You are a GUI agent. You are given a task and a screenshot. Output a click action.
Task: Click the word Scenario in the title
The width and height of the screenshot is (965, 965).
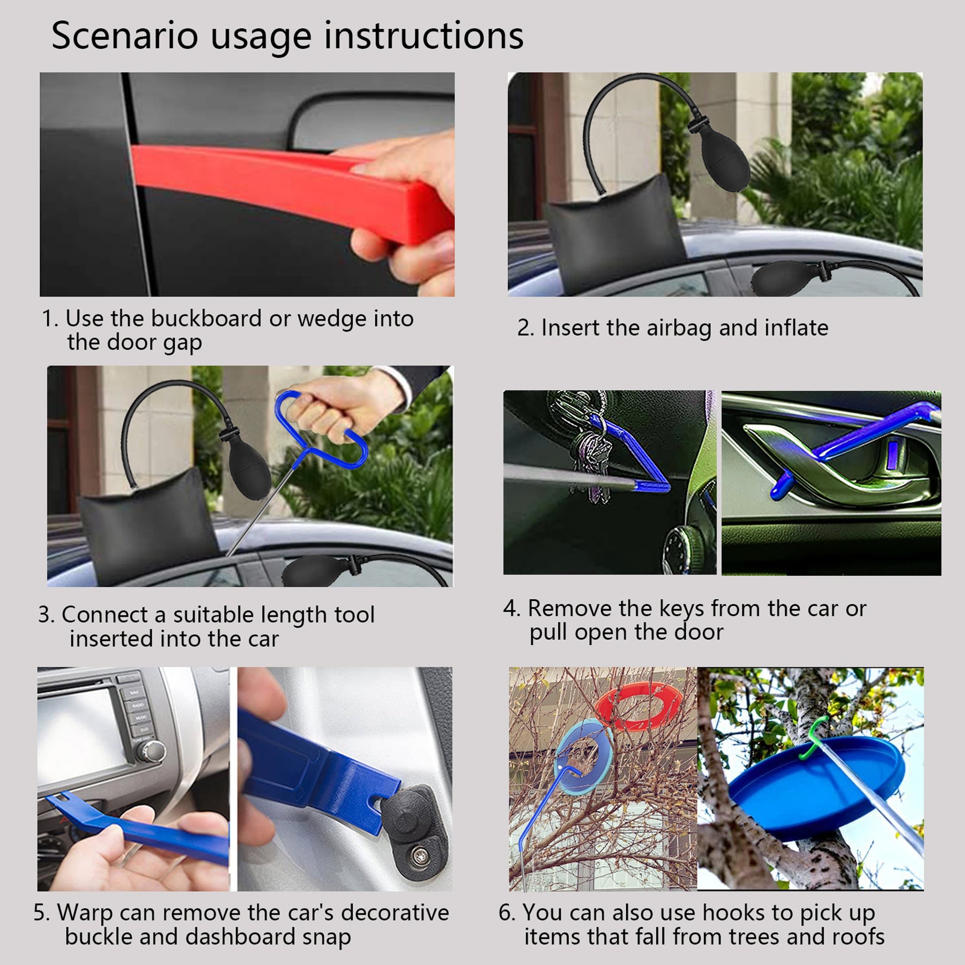124,36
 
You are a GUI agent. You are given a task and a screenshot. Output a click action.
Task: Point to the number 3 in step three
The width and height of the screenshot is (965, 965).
45,615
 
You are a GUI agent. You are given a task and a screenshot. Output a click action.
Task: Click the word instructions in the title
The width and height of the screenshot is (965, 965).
424,36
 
